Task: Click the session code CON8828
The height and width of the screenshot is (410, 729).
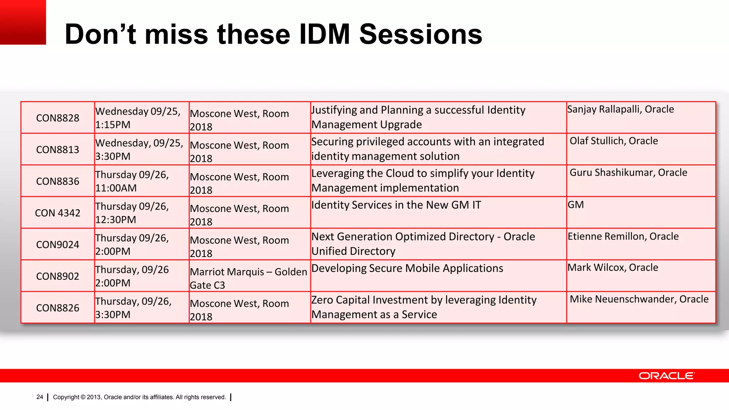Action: pyautogui.click(x=58, y=118)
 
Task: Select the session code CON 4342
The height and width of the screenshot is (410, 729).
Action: pyautogui.click(x=58, y=213)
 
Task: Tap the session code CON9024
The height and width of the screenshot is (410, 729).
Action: pyautogui.click(x=58, y=245)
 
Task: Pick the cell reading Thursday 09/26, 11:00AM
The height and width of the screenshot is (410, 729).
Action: pyautogui.click(x=132, y=181)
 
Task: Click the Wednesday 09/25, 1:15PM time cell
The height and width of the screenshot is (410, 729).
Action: pyautogui.click(x=138, y=118)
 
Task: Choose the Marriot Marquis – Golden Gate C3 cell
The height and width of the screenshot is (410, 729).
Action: pyautogui.click(x=248, y=278)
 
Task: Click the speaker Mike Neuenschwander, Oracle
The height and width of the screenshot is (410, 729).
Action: pyautogui.click(x=639, y=299)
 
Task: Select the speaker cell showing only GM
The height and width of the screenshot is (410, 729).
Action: pyautogui.click(x=576, y=205)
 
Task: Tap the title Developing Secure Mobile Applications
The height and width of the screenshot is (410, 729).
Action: pyautogui.click(x=407, y=268)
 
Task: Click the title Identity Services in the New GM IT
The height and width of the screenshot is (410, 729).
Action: pyautogui.click(x=396, y=205)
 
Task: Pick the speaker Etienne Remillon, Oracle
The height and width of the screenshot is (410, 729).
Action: pyautogui.click(x=623, y=236)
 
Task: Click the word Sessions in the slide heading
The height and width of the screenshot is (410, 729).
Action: pyautogui.click(x=420, y=35)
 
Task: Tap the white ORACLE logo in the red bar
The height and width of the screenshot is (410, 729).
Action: pyautogui.click(x=666, y=376)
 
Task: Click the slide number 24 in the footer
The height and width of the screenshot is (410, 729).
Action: pyautogui.click(x=40, y=397)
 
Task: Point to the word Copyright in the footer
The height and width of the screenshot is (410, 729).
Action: pyautogui.click(x=66, y=397)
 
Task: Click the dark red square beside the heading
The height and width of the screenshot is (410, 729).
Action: pyautogui.click(x=23, y=22)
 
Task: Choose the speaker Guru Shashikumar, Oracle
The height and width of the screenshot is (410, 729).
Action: pyautogui.click(x=628, y=173)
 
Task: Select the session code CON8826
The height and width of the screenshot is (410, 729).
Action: pyautogui.click(x=58, y=308)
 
